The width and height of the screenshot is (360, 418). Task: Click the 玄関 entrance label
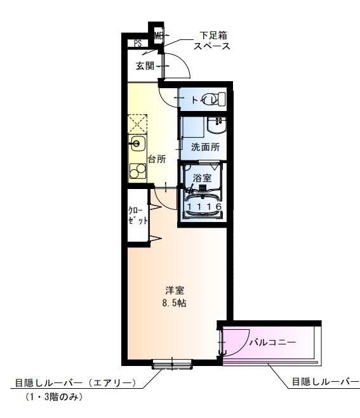tap(144, 65)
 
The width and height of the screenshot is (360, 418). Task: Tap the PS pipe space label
tap(137, 44)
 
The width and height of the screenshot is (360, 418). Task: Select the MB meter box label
tap(157, 36)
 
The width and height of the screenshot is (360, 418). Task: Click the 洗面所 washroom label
tap(205, 147)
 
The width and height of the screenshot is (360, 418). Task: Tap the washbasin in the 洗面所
tap(217, 127)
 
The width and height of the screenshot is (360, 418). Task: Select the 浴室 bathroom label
tap(203, 178)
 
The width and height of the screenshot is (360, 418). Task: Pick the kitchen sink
tap(138, 143)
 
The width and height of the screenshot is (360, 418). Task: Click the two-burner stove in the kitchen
tap(138, 169)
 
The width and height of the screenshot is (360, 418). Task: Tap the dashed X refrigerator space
tap(138, 123)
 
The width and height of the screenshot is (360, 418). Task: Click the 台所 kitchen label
tap(157, 159)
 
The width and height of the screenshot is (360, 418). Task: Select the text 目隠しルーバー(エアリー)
tap(76, 382)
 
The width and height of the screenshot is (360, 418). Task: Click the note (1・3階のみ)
tap(53, 397)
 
